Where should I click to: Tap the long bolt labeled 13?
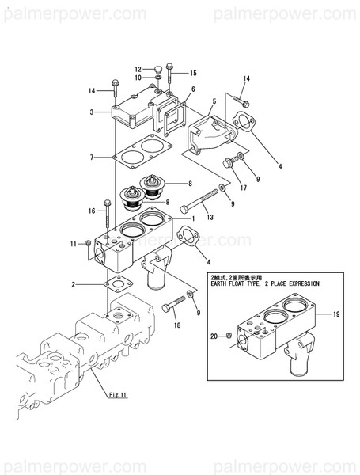(x=201, y=202)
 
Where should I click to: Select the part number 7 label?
(x=93, y=158)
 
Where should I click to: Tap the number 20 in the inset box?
(x=212, y=336)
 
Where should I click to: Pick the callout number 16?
(x=93, y=211)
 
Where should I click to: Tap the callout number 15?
(x=192, y=73)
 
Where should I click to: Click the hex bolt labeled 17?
(x=229, y=164)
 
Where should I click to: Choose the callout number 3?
(x=93, y=112)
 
